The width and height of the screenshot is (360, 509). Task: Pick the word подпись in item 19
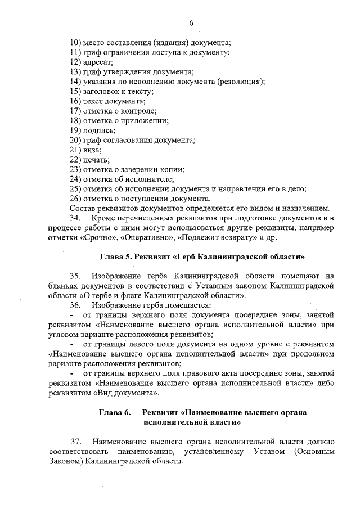point(100,130)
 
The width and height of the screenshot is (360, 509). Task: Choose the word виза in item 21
point(93,150)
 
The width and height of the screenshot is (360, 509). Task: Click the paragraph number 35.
point(76,276)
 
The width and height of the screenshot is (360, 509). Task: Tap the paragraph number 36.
point(76,305)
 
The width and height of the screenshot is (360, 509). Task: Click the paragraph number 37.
point(76,442)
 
